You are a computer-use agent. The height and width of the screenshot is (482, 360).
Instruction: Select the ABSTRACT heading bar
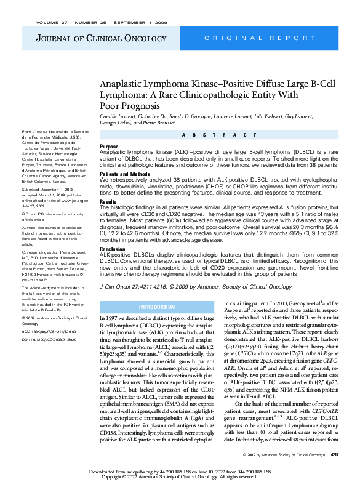pyautogui.click(x=218, y=135)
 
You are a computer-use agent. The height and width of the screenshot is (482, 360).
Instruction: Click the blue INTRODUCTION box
pyautogui.click(x=156, y=307)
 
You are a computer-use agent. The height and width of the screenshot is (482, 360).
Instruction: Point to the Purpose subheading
pyautogui.click(x=110, y=147)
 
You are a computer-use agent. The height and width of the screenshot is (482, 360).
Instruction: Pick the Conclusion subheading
pyautogui.click(x=113, y=250)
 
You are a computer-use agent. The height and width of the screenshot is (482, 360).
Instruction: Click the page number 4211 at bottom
pyautogui.click(x=334, y=455)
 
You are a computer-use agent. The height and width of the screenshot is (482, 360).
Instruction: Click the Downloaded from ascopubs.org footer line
pyautogui.click(x=180, y=470)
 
